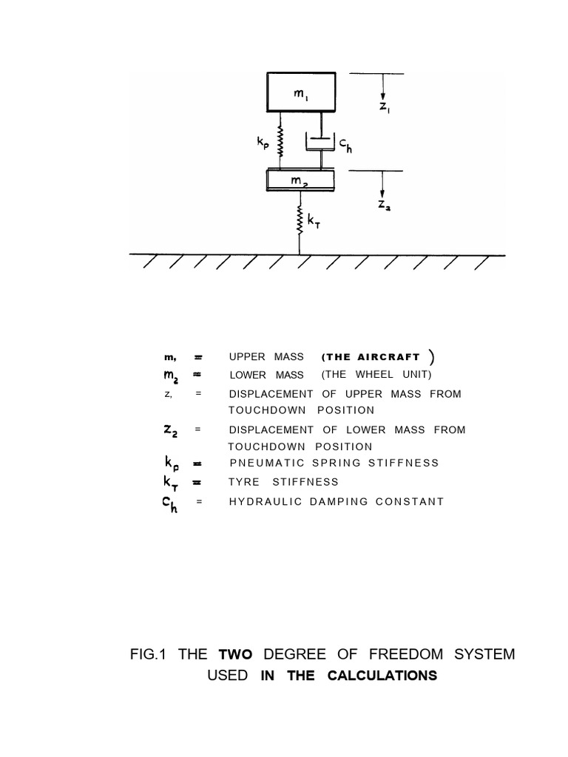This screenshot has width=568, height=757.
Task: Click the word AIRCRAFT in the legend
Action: click(x=391, y=357)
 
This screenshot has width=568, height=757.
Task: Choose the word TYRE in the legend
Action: click(x=243, y=482)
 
